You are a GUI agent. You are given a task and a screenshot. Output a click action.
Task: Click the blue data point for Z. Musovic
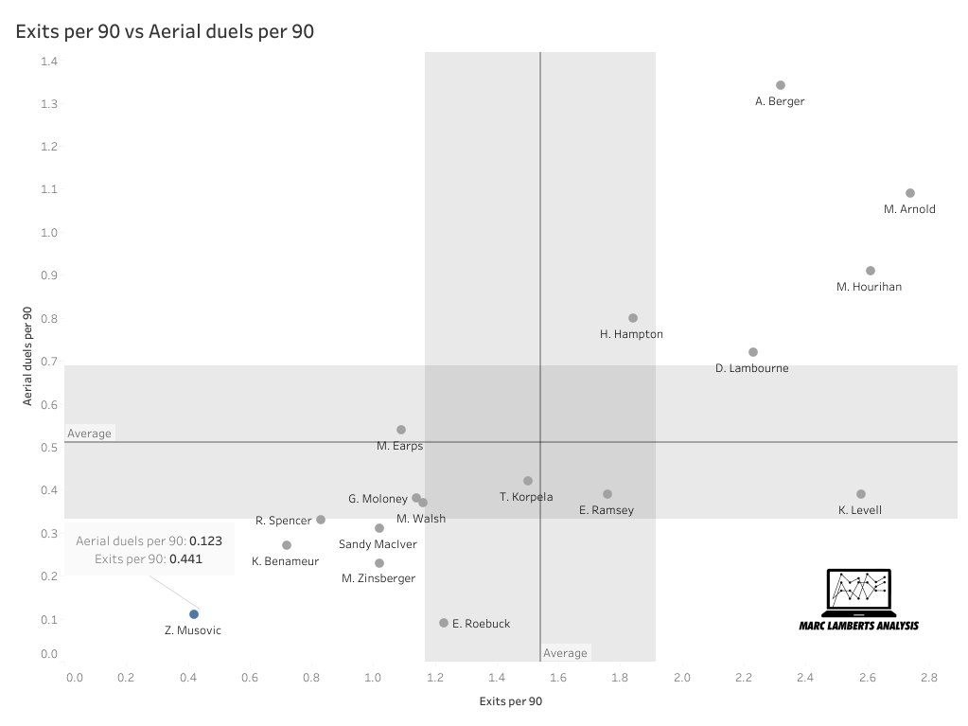point(194,614)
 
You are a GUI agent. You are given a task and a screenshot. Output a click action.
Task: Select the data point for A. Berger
point(781,85)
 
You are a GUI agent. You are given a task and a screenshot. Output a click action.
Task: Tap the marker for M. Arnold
point(910,193)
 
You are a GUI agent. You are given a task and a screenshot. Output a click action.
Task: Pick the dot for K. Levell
point(861,494)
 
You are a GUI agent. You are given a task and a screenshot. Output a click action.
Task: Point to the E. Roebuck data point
point(444,623)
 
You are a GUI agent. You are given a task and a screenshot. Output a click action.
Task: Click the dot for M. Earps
point(401,430)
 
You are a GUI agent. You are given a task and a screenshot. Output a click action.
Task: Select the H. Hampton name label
point(631,334)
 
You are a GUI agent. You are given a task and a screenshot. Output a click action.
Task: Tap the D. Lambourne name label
point(751,368)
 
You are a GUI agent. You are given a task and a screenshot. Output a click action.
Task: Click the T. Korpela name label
point(526,497)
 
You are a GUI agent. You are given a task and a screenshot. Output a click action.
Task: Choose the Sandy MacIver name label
point(378,544)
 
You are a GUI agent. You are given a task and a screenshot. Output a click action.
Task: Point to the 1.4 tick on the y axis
point(49,62)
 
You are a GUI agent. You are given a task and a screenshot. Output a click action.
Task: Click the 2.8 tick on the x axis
point(929,678)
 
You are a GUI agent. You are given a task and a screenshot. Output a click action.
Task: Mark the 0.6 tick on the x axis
point(250,678)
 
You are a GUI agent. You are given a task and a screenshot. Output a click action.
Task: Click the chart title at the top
point(165,31)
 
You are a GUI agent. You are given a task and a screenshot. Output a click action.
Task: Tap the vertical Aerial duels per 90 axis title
point(28,355)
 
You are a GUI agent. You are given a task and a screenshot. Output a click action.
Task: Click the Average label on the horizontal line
point(89,434)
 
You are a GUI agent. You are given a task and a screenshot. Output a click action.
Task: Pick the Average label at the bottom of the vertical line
point(565,653)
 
